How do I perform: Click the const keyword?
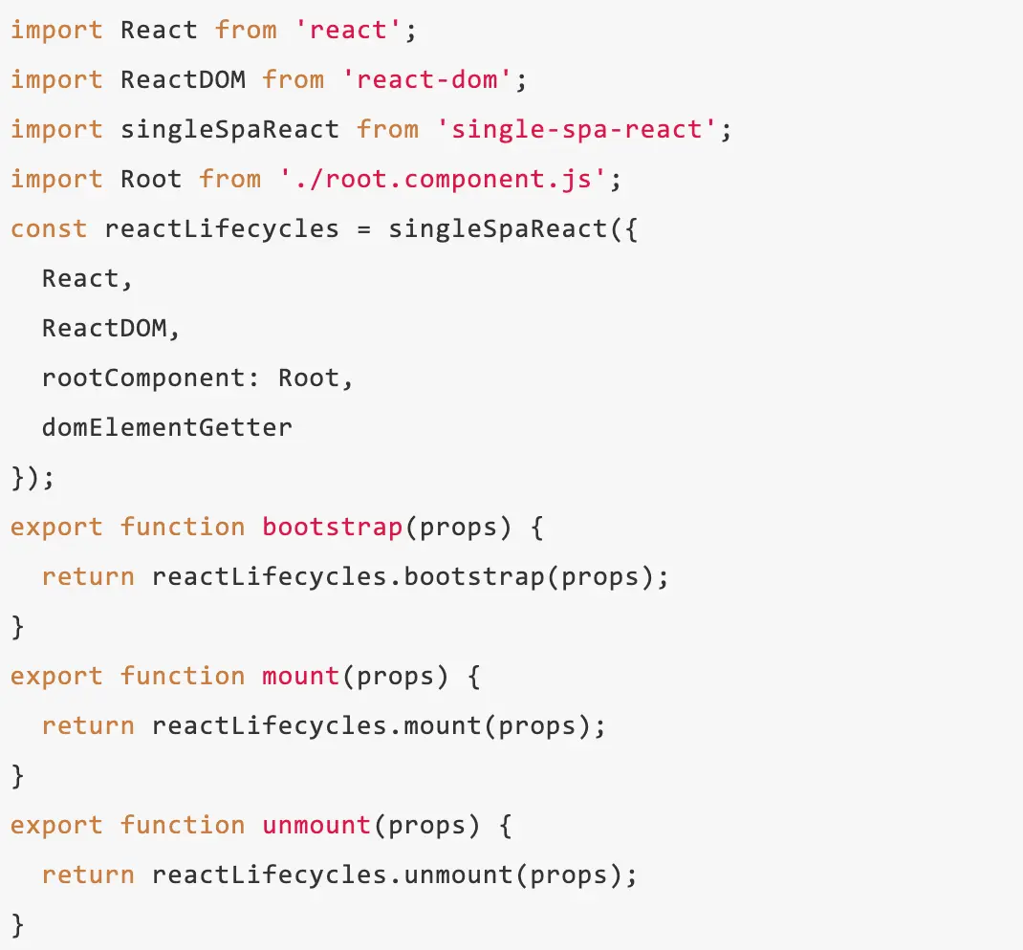[x=49, y=228]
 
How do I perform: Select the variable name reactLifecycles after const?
[x=222, y=228]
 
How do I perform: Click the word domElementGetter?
[x=167, y=427]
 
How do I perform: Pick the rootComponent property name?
[x=151, y=378]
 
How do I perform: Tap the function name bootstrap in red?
[x=332, y=527]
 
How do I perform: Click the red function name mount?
[x=300, y=676]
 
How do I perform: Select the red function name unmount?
[x=316, y=825]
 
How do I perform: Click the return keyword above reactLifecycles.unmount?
[x=88, y=874]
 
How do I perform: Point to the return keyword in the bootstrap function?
[x=88, y=576]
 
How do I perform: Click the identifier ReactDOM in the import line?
[x=183, y=79]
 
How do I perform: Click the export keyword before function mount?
[x=56, y=676]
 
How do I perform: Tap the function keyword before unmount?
[x=183, y=825]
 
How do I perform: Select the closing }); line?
[x=33, y=477]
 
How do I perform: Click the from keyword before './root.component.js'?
[x=229, y=179]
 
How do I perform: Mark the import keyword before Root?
[x=56, y=179]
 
